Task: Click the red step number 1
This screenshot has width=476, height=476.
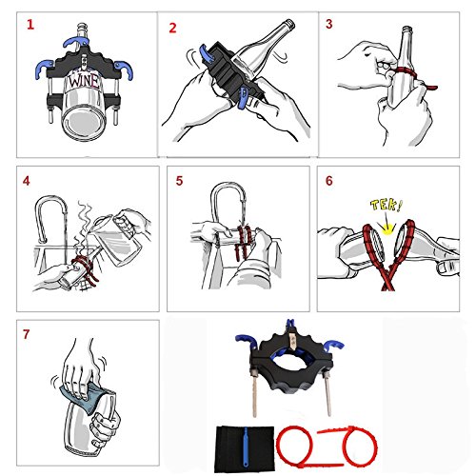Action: point(30,25)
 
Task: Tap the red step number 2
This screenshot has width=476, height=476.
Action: point(172,28)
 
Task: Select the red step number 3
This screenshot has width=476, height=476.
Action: point(329,24)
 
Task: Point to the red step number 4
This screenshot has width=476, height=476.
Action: point(27,181)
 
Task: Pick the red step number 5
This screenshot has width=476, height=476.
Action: point(179,181)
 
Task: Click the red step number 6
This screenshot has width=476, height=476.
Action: point(329,181)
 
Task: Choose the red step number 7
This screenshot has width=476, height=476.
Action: point(26,334)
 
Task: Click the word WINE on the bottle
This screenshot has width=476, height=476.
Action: point(84,81)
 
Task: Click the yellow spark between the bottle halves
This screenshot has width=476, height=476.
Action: point(387,228)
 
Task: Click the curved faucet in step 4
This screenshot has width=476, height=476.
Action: point(50,218)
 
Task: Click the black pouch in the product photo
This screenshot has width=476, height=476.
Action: point(245,448)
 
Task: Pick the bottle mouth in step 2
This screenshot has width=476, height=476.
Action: point(288,25)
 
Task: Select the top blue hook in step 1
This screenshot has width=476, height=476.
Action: point(75,42)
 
